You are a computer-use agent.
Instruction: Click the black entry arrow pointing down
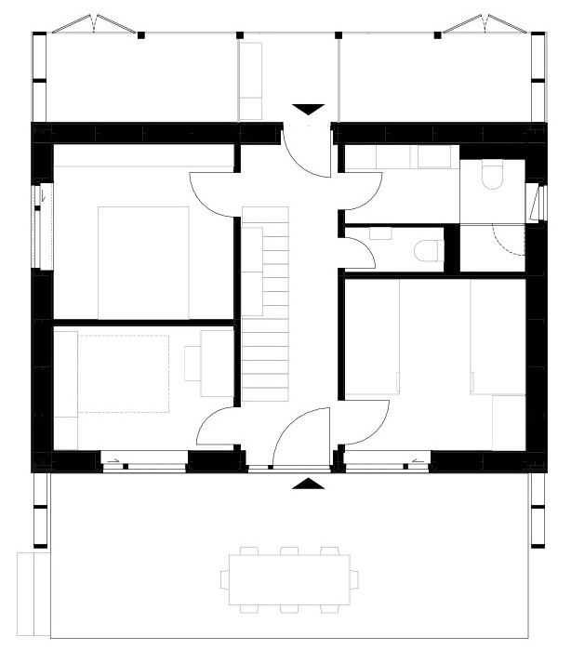pyautogui.click(x=308, y=108)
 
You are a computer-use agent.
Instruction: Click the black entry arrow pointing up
pyautogui.click(x=308, y=484)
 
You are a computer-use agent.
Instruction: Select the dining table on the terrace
pyautogui.click(x=288, y=578)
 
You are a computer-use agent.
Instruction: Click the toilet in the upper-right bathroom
pyautogui.click(x=492, y=176)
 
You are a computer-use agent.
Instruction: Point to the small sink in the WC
pyautogui.click(x=380, y=233)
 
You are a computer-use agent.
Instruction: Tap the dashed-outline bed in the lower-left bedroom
pyautogui.click(x=124, y=373)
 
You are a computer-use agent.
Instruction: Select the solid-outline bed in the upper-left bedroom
pyautogui.click(x=144, y=262)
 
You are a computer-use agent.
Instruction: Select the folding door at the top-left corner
pyautogui.click(x=93, y=23)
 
